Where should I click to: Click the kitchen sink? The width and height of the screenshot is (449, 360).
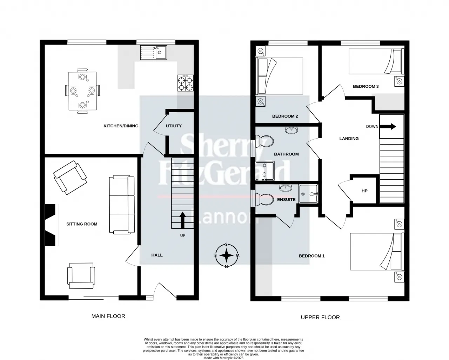tap(154, 53)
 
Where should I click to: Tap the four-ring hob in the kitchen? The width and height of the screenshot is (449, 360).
tap(185, 84)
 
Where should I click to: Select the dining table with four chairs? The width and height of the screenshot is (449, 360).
tap(82, 91)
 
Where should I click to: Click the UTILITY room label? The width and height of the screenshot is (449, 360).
tap(174, 126)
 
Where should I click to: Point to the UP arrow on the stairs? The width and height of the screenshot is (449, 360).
tap(182, 220)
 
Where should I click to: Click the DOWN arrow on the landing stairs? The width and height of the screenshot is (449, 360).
tap(388, 126)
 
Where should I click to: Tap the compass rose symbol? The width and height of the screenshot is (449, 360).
tap(227, 255)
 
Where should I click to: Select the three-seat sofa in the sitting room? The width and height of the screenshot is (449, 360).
tap(122, 205)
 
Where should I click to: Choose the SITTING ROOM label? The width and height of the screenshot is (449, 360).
tap(82, 224)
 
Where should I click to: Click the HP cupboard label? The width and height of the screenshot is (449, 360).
tap(364, 191)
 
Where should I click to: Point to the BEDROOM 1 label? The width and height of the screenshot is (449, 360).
tap(311, 256)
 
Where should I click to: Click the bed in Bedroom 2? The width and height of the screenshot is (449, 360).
tap(280, 76)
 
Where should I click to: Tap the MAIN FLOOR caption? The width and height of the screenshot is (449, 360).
tap(108, 316)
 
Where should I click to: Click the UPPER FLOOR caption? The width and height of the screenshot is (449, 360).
tap(320, 317)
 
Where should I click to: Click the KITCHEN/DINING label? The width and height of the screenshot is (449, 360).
tap(121, 126)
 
